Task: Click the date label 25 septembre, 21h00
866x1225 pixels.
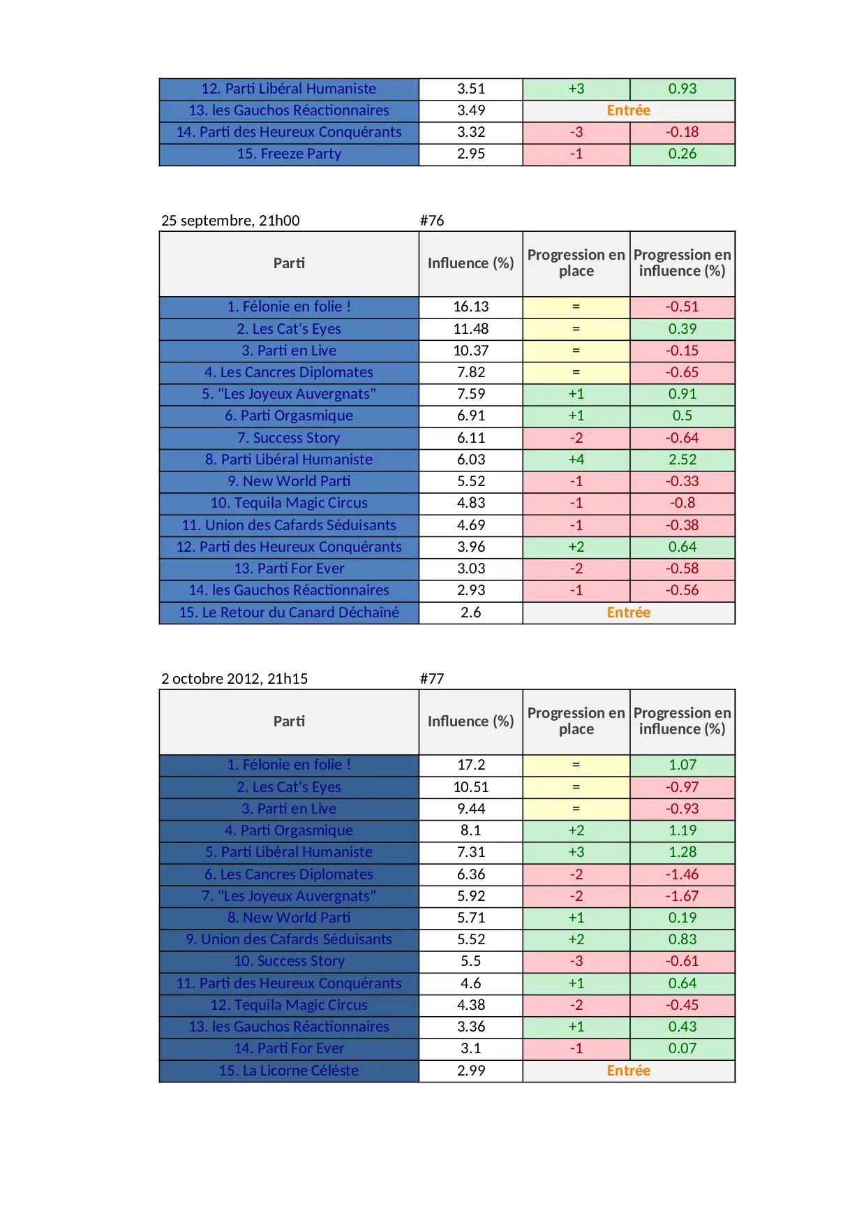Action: [x=230, y=221]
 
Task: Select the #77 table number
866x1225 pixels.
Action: [x=432, y=679]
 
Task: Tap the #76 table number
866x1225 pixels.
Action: [x=432, y=221]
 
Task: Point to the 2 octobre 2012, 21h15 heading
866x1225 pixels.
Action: [x=234, y=679]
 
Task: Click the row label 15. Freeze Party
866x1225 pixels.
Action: [x=289, y=154]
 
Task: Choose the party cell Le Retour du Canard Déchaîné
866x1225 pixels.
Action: [x=289, y=612]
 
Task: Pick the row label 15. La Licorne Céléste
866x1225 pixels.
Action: [x=289, y=1071]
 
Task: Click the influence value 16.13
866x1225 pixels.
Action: [x=471, y=307]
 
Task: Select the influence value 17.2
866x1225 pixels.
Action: [x=471, y=765]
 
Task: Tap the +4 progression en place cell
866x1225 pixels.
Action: [x=576, y=460]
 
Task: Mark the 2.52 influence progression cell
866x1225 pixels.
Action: [x=682, y=460]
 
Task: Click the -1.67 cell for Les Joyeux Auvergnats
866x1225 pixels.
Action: [x=682, y=896]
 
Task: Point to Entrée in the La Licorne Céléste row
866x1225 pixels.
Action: [x=628, y=1071]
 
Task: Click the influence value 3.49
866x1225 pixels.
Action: [x=471, y=110]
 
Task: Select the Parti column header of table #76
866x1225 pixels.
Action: [x=289, y=263]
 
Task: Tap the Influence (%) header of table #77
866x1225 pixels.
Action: [x=471, y=721]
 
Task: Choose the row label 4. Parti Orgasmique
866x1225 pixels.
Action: [x=289, y=830]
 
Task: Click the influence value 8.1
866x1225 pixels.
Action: [x=471, y=830]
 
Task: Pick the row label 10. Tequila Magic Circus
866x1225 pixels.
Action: [x=289, y=503]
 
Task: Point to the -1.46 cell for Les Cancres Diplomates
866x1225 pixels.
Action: [x=682, y=874]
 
